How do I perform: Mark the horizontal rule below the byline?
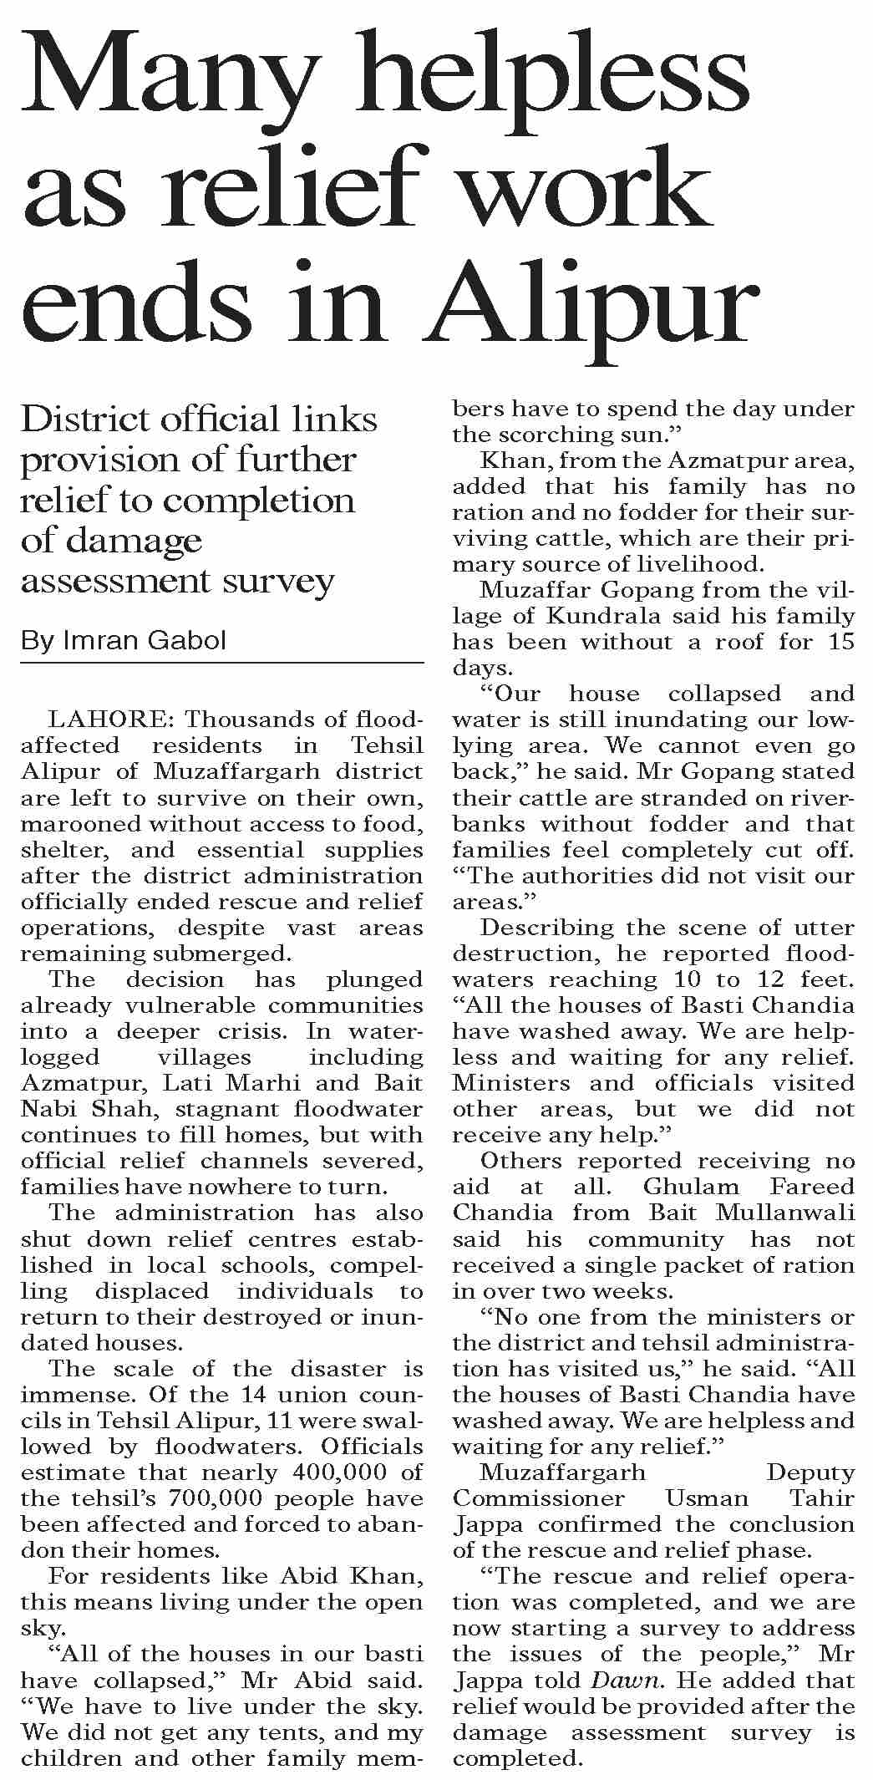[222, 664]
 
